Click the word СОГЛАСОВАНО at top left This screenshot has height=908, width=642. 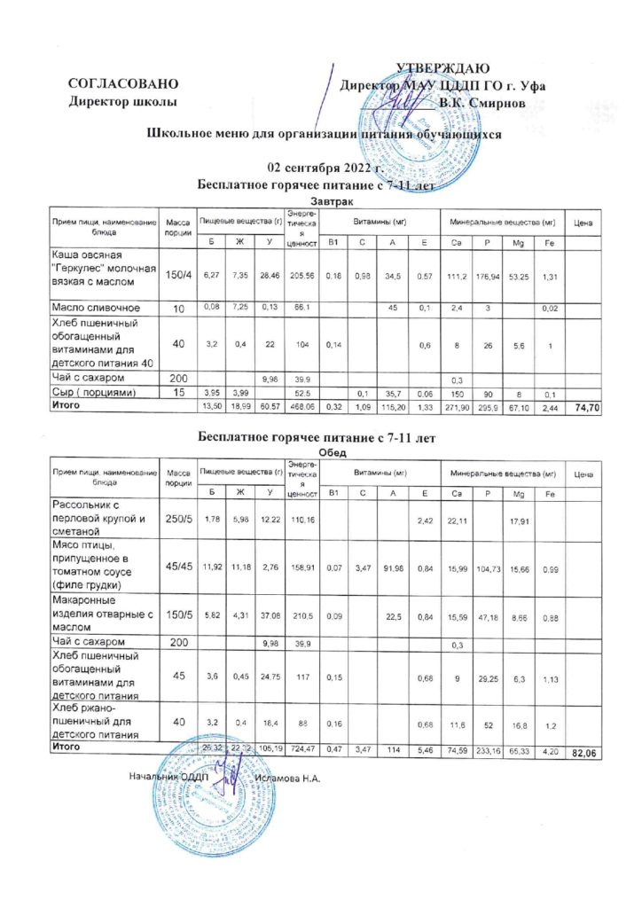[x=125, y=84]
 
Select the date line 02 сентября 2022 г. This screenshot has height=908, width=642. [x=324, y=168]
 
